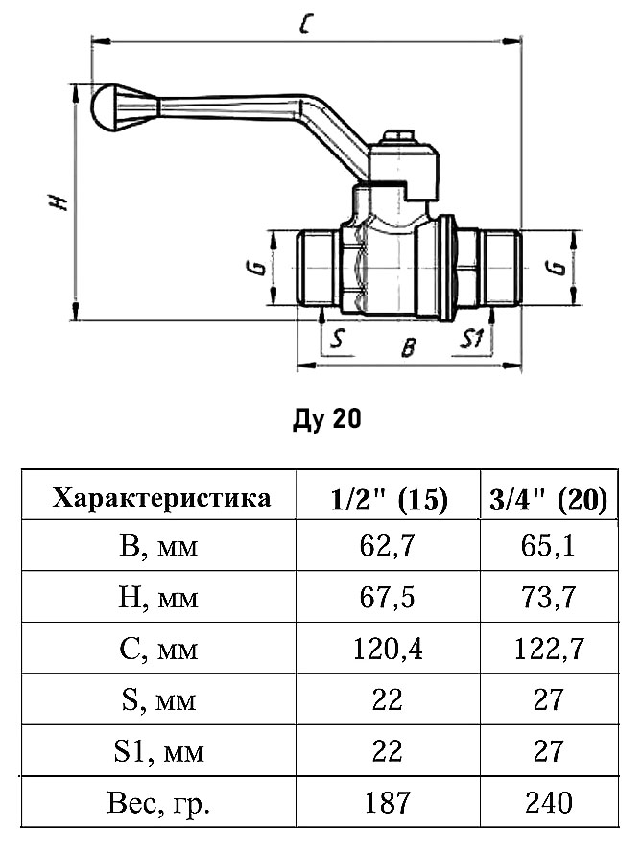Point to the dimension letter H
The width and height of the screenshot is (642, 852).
coord(59,201)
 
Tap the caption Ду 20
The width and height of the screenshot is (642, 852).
coord(326,420)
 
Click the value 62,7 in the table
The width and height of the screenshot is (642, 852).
coord(388,548)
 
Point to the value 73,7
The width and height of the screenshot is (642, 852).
coord(547,599)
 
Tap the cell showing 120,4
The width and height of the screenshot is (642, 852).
coord(388,650)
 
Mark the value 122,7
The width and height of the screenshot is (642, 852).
coord(547,650)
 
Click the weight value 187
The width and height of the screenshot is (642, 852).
coord(388,801)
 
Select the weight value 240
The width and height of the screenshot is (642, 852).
coord(547,801)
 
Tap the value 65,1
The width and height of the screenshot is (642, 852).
coord(547,548)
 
